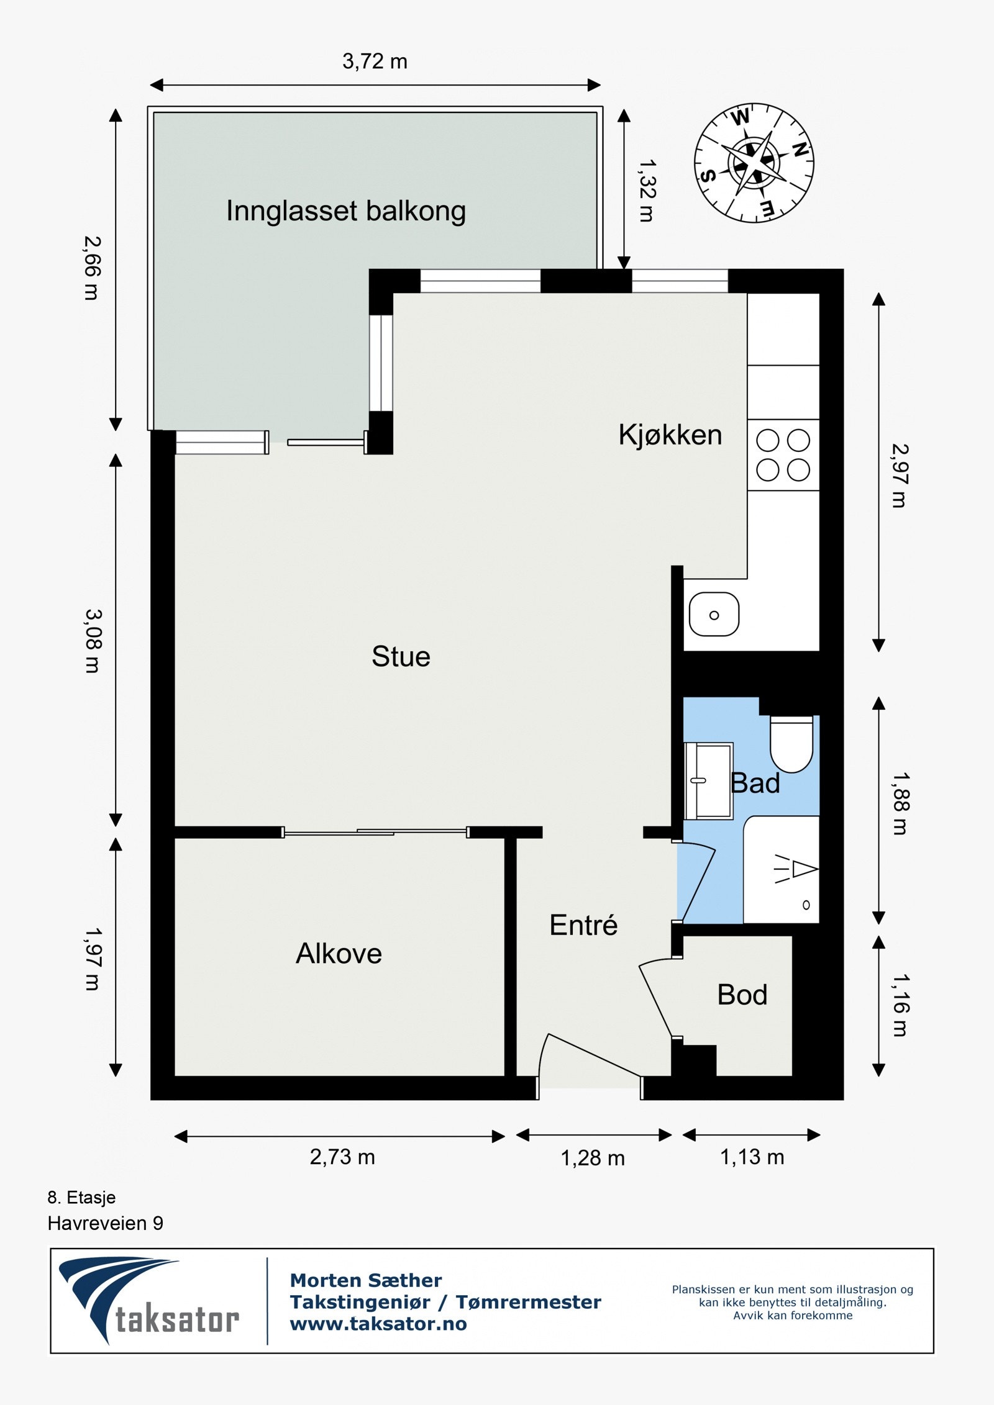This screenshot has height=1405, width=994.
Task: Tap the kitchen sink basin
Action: click(714, 615)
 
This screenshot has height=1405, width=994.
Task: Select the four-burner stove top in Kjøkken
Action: click(783, 455)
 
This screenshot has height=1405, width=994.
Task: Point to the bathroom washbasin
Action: click(709, 780)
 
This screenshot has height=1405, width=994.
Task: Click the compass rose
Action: click(754, 163)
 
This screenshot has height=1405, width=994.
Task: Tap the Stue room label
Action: click(401, 657)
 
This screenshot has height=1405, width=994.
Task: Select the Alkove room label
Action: click(339, 953)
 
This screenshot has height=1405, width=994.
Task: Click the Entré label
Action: click(583, 924)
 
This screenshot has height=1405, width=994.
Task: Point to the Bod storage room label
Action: click(742, 995)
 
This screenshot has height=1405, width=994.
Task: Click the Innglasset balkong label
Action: click(346, 211)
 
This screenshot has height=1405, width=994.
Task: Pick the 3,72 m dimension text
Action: click(375, 61)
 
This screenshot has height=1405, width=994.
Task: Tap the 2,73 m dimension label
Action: click(342, 1157)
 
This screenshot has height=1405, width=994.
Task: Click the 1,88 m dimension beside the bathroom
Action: click(900, 803)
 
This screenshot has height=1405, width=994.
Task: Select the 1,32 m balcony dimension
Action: click(647, 191)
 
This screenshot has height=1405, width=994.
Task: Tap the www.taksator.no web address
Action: click(378, 1324)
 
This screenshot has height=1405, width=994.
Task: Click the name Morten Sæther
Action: click(366, 1280)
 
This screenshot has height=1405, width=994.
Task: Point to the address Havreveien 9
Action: click(106, 1223)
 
